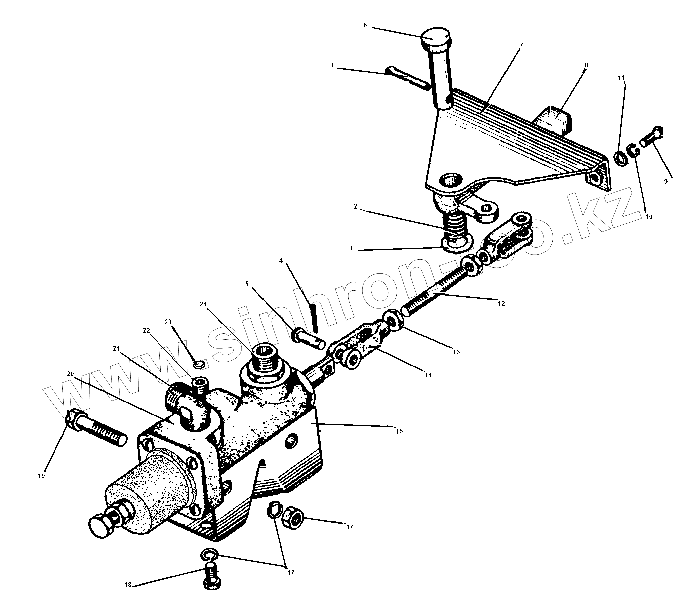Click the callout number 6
[365, 25]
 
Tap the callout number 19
[42, 476]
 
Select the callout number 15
[399, 431]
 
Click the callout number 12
[501, 304]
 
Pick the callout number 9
[666, 181]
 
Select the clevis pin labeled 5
[309, 339]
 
